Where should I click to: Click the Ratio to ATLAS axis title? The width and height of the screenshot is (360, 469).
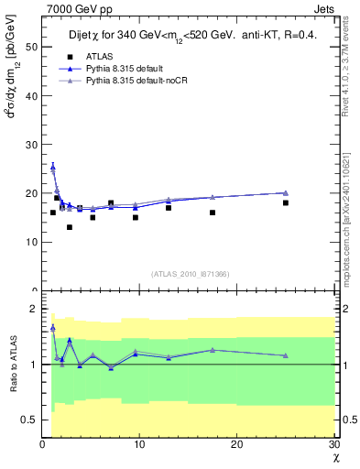pos(13,364)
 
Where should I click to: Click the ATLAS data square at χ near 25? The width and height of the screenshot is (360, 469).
pos(286,202)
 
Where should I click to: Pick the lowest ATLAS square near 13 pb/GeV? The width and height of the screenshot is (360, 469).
pos(70,227)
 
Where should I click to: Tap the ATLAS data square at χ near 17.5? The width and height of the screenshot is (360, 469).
pos(213,213)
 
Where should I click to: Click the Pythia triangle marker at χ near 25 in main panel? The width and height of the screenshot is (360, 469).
pos(286,192)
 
